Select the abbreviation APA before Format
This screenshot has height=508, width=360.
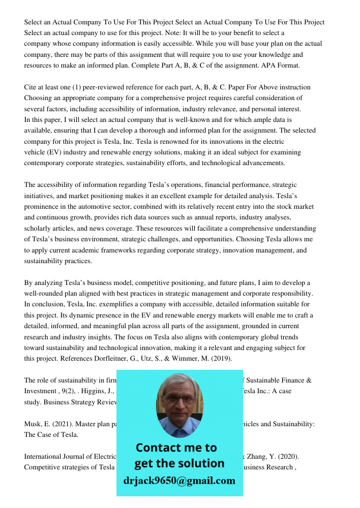[x=262, y=66]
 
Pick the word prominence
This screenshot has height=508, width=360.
[x=42, y=207]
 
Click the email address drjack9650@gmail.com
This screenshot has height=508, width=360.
[x=179, y=481]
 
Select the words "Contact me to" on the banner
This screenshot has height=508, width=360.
[x=176, y=448]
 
